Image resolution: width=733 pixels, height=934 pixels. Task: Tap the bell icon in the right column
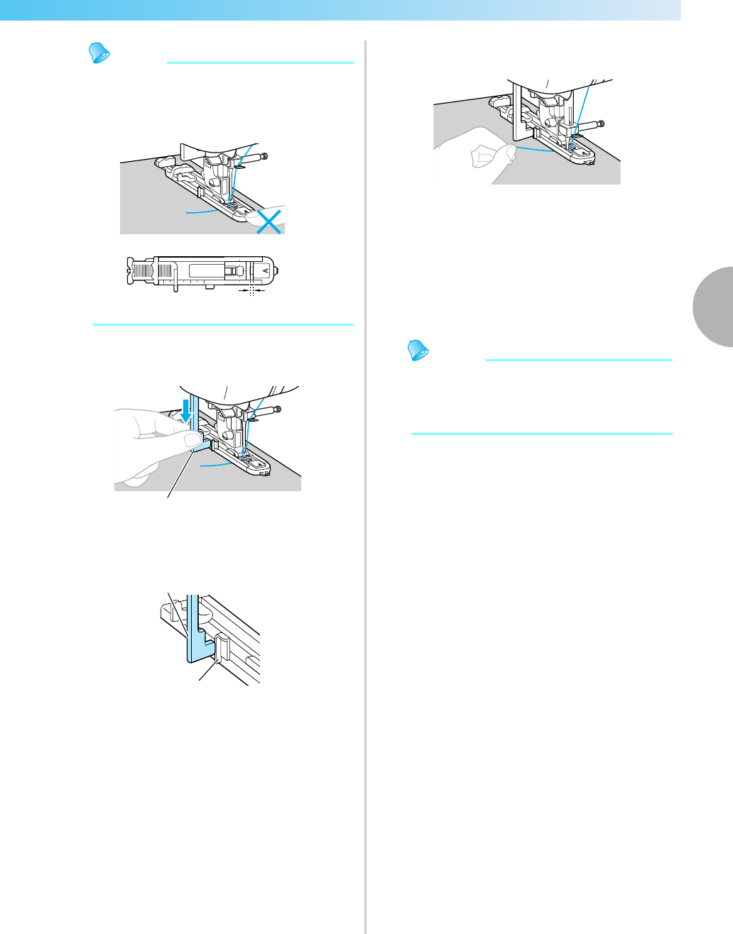(x=416, y=351)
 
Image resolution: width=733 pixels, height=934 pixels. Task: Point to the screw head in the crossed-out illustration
(x=265, y=156)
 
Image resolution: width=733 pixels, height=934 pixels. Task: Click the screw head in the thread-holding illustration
(x=602, y=124)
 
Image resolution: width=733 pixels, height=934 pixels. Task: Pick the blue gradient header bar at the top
(x=341, y=10)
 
